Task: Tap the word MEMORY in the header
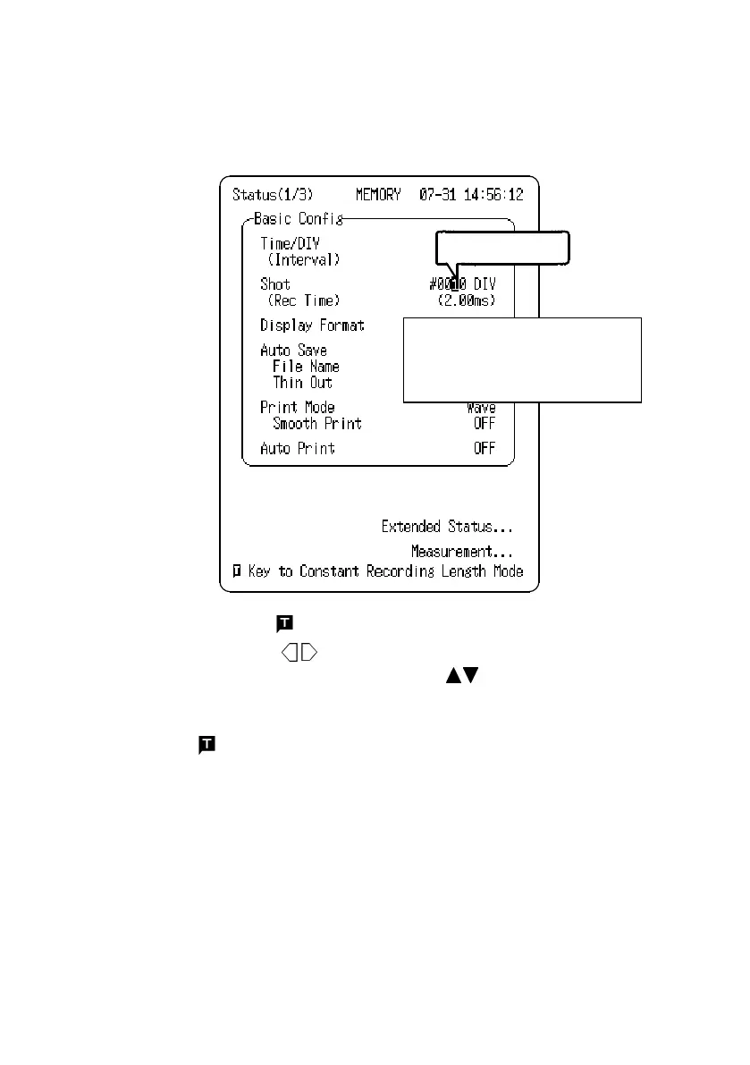(379, 194)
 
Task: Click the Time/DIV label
(290, 243)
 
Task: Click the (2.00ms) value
(466, 300)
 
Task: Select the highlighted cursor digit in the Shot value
(455, 284)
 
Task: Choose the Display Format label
(312, 325)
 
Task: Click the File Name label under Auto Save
(306, 367)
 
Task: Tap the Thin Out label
(302, 383)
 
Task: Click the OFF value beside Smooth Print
(484, 424)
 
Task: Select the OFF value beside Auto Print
(484, 449)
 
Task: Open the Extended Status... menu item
(447, 527)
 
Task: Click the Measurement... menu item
(461, 552)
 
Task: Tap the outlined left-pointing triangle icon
(291, 654)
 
